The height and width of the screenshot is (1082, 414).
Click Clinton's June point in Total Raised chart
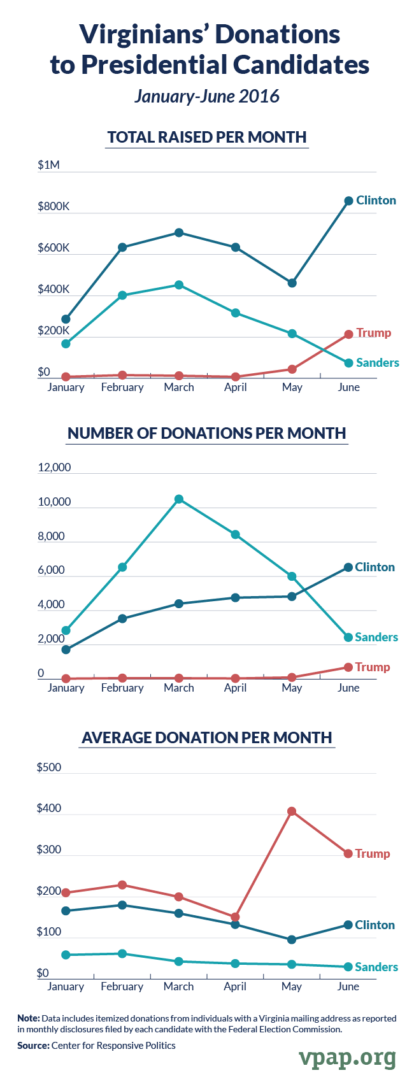pos(348,201)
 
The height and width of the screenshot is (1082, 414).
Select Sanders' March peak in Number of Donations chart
pos(179,499)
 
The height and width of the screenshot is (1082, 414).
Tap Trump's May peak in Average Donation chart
pos(292,811)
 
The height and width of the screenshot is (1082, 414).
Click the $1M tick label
pos(48,165)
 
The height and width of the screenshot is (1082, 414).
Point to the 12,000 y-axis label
pos(54,467)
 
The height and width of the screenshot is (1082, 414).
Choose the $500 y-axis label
pos(49,767)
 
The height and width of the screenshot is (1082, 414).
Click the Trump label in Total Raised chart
pos(374,333)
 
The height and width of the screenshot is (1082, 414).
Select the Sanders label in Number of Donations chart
pos(376,637)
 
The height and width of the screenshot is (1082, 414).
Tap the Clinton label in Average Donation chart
pos(375,925)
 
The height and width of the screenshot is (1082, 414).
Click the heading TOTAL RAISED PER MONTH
pos(207,137)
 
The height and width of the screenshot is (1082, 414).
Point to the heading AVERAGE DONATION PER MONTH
pos(207,737)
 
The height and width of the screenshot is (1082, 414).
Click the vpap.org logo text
pos(347,1058)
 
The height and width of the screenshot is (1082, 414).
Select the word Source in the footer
pos(32,1045)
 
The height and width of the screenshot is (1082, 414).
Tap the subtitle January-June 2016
pos(207,96)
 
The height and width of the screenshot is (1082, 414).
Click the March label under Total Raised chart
pos(179,387)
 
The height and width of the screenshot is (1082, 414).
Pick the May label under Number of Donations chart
pos(292,688)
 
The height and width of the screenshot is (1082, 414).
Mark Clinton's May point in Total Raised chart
pos(292,283)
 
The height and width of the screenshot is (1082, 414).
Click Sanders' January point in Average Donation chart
pos(66,955)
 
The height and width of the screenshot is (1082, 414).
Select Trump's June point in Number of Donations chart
pos(348,667)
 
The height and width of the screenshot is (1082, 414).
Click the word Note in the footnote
pos(28,1018)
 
